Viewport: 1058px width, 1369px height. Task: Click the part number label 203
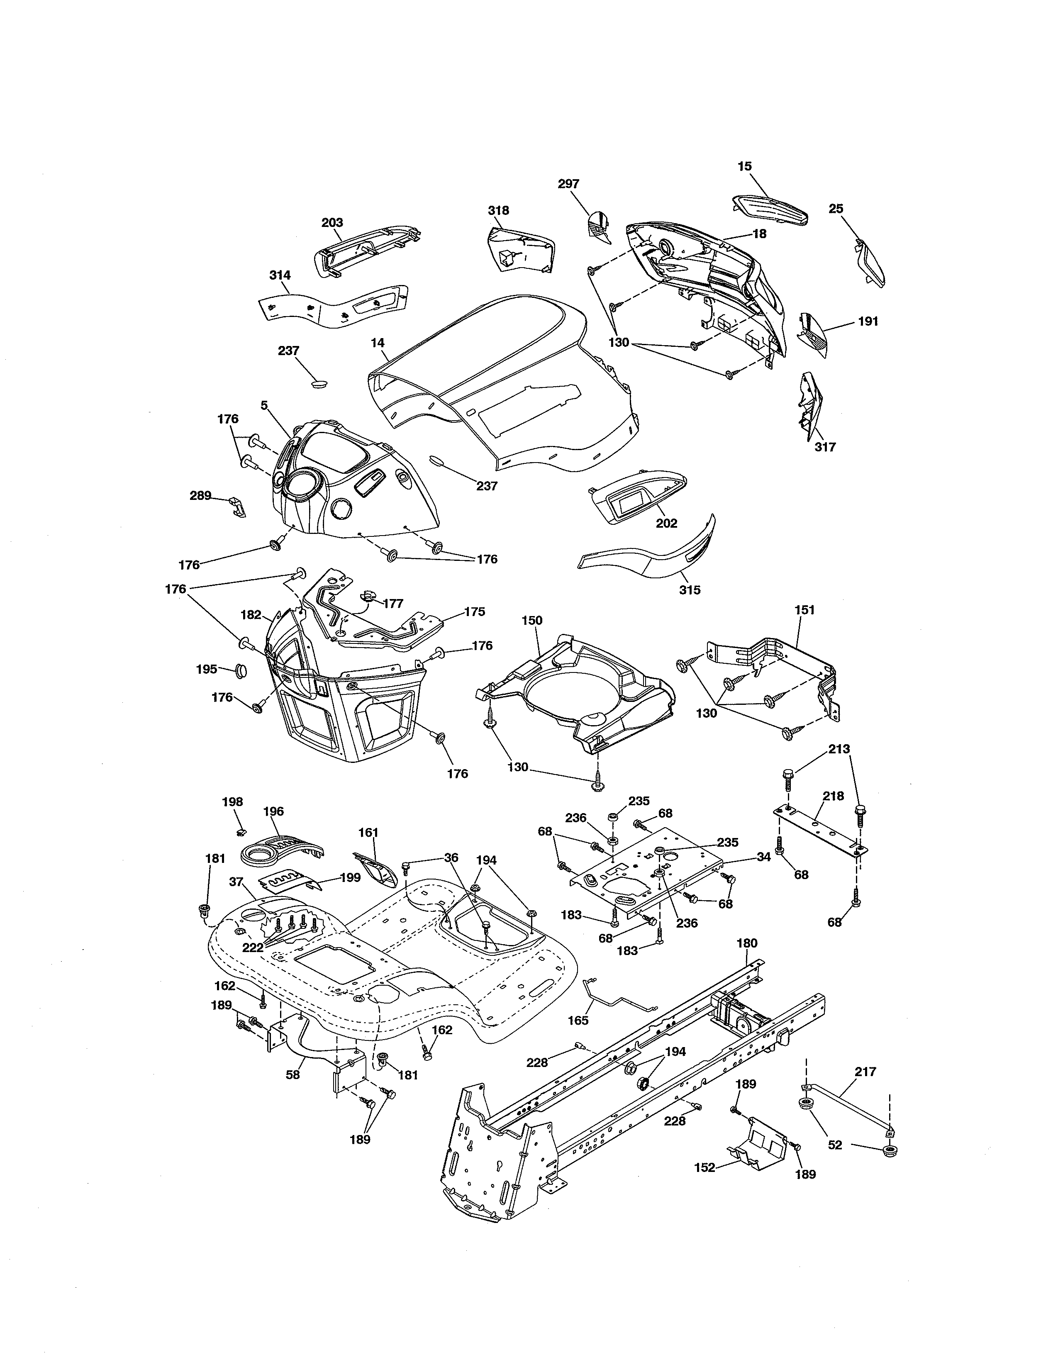(332, 222)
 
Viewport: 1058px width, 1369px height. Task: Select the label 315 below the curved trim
(690, 590)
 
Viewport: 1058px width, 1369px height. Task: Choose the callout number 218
(834, 796)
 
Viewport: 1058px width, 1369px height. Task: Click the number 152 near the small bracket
(705, 1168)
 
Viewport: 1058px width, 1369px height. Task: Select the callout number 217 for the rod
(865, 1072)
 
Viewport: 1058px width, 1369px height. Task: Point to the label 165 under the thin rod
(578, 1021)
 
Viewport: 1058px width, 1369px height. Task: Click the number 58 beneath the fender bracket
(293, 1074)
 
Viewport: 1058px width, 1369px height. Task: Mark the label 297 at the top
(568, 184)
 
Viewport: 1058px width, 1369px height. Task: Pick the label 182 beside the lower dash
(251, 615)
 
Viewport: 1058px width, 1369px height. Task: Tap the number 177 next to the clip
(393, 604)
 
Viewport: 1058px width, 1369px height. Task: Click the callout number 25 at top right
(836, 209)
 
